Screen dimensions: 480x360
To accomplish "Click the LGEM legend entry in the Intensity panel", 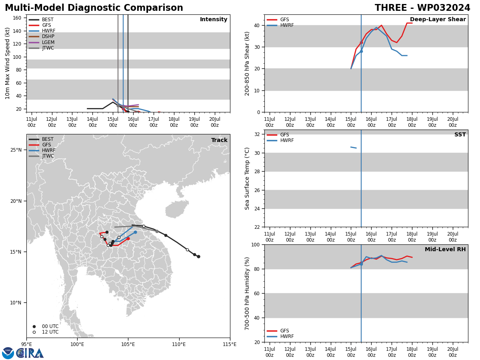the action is (x=42, y=42).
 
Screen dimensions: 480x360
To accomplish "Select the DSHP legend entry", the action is (x=42, y=36).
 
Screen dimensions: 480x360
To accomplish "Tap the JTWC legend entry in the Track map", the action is (x=41, y=156).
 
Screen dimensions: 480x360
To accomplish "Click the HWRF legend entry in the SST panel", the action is (x=280, y=140).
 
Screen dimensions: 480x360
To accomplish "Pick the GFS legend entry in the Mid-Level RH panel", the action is (x=278, y=331).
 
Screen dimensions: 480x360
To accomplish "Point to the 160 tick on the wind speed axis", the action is (x=17, y=18).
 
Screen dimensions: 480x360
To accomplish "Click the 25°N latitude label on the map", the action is (x=16, y=150).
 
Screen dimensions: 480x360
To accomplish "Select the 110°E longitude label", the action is (x=179, y=344).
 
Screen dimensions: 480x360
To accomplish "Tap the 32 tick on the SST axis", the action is (x=257, y=134).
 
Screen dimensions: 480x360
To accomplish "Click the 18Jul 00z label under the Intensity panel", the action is (x=174, y=122).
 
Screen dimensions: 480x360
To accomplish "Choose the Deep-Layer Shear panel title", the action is (x=438, y=20).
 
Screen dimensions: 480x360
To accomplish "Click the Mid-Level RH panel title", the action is (x=445, y=249).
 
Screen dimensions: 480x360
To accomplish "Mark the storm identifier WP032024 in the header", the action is (x=444, y=8).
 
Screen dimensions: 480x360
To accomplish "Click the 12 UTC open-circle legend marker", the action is (x=34, y=332).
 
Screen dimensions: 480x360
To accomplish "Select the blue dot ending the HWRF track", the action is (x=135, y=232).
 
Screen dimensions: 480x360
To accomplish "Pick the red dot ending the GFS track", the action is (x=128, y=239).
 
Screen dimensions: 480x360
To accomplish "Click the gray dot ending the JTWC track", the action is (x=157, y=231).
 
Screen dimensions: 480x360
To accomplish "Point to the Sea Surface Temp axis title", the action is (x=247, y=178).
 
